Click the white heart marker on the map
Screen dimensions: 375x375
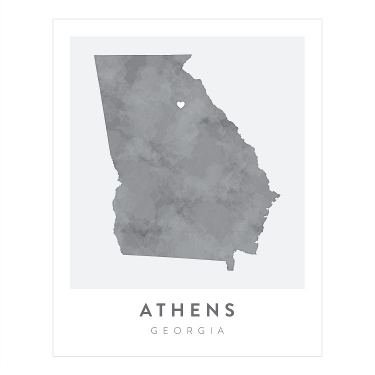[x=181, y=104]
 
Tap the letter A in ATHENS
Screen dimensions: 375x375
[x=147, y=310]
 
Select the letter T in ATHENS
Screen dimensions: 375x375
[x=164, y=310]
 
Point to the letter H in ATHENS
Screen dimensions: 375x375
[x=182, y=310]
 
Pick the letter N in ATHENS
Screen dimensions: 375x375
[x=213, y=310]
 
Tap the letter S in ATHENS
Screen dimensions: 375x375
[x=229, y=310]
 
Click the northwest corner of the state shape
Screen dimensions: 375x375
[x=95, y=56]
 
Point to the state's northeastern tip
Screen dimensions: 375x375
[x=191, y=55]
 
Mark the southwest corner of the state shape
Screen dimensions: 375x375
[x=121, y=254]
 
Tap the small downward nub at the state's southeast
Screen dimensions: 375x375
[x=230, y=268]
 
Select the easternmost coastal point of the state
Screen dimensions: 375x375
[x=279, y=194]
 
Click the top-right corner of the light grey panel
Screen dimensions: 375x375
[x=304, y=37]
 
